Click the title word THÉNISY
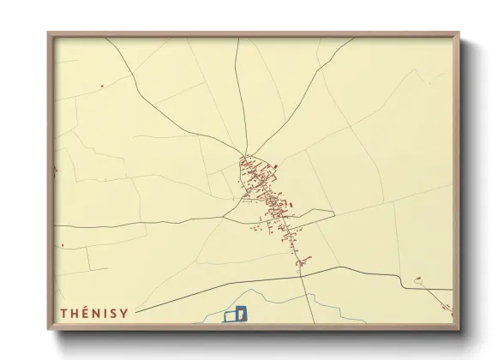coord(93,314)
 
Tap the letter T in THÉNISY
coord(64,314)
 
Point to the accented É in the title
coord(85,314)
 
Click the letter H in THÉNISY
coord(74,314)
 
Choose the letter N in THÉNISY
coord(96,314)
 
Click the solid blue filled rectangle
coord(241,314)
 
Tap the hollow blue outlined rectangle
coord(230,317)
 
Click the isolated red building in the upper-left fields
coord(101,86)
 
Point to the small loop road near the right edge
coord(418,280)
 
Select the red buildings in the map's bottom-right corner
coord(446,307)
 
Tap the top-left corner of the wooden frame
coord(49,33)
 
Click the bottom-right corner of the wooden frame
coord(459,329)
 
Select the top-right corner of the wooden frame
coord(459,33)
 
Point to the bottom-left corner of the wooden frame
coord(49,329)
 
